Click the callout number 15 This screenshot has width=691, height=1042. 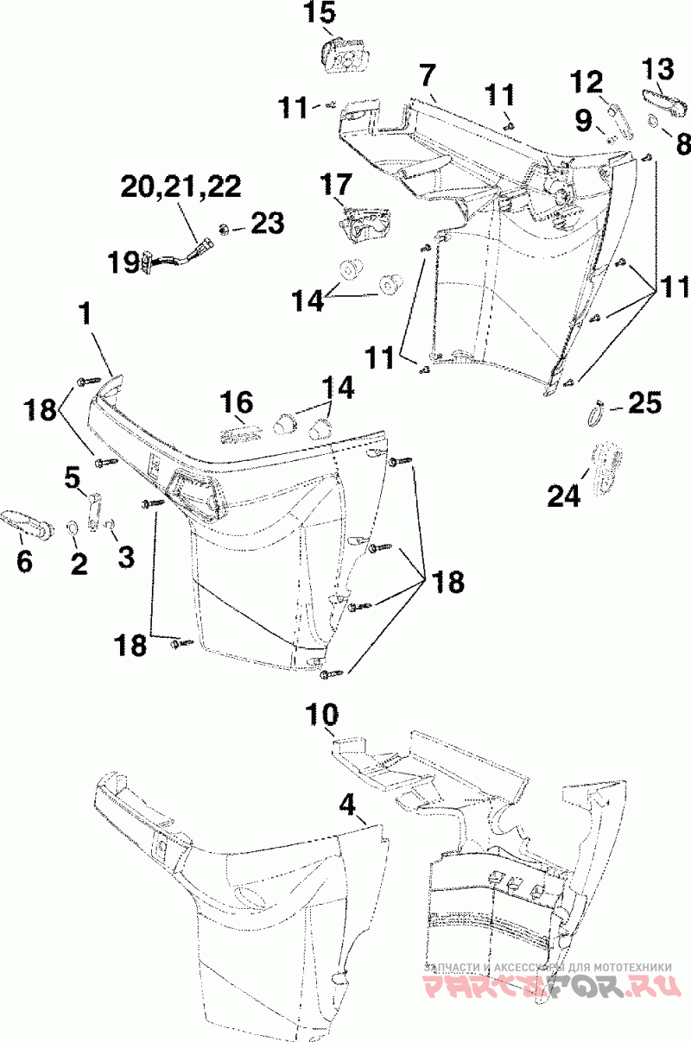click(320, 13)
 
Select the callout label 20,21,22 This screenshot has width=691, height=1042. click(181, 186)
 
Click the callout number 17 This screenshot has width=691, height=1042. click(336, 184)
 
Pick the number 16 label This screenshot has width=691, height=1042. click(237, 402)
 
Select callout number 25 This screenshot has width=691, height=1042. click(644, 402)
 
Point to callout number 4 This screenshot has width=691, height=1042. click(347, 805)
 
